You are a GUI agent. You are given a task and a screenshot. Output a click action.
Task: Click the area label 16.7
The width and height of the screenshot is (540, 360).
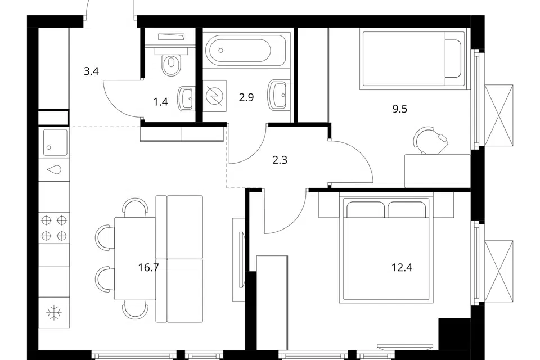(x=148, y=267)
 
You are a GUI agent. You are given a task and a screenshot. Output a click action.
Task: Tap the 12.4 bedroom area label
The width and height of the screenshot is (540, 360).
(x=402, y=267)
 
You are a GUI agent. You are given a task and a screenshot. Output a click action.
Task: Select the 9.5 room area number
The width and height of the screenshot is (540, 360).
(x=399, y=109)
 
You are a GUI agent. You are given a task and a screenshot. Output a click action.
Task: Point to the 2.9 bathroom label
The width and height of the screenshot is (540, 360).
(x=246, y=97)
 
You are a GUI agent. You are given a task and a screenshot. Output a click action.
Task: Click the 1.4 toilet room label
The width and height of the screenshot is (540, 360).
(x=160, y=102)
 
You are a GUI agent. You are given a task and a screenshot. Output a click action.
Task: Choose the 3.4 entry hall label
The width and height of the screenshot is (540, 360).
(x=91, y=71)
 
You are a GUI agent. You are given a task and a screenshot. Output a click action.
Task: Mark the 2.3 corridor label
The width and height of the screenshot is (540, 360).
(x=280, y=160)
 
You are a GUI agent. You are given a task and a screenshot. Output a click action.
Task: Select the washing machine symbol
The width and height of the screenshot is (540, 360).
(x=214, y=96)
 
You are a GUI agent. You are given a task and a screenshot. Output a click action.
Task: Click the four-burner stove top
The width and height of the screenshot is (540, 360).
(x=54, y=228)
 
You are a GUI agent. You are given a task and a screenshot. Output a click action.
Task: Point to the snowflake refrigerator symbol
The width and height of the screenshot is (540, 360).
(x=54, y=313)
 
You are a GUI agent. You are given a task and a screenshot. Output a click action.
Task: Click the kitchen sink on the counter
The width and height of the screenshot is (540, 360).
(x=54, y=142)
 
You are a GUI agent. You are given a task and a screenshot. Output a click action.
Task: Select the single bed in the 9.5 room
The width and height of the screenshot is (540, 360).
(x=412, y=59)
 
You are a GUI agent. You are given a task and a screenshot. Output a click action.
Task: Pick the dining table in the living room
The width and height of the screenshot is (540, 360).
(x=136, y=258)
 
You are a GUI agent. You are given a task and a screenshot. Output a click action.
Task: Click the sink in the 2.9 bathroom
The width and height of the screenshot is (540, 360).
(x=278, y=94)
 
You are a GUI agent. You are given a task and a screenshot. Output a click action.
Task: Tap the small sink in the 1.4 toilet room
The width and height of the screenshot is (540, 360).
(x=186, y=98)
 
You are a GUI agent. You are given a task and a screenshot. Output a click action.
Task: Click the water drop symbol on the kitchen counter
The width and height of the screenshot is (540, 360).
(x=54, y=169)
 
